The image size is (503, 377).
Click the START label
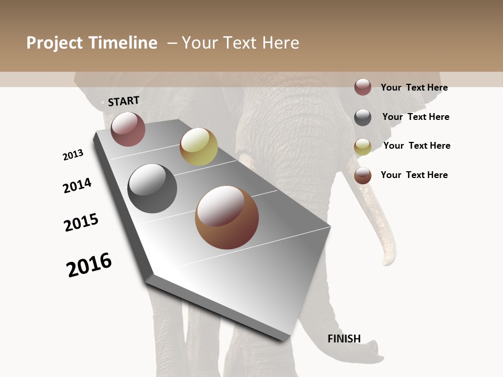click(124, 101)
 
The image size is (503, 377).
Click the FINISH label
click(344, 339)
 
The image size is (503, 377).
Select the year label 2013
click(73, 155)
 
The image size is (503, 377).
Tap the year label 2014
click(77, 186)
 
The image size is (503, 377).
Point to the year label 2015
click(81, 223)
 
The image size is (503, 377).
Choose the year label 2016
click(89, 265)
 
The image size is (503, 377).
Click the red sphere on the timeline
click(128, 129)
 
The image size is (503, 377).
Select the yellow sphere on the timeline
click(199, 147)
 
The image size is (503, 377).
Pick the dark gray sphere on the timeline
click(152, 188)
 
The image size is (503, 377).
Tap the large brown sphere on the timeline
click(227, 217)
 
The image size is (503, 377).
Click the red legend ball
click(363, 87)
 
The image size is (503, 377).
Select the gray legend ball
click(363, 117)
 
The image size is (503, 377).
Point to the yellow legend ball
click(363, 147)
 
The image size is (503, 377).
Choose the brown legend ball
click(363, 175)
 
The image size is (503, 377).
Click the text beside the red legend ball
click(414, 87)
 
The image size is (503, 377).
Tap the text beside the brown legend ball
click(414, 175)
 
